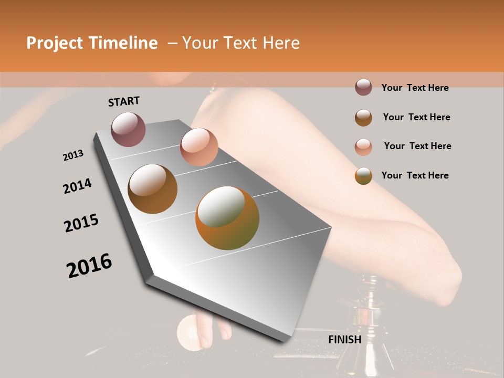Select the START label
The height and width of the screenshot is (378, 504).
[x=124, y=101]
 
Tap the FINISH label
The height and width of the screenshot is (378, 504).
[x=345, y=340]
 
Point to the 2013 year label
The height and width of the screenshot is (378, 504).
[x=73, y=155]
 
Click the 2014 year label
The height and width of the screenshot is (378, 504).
[x=77, y=186]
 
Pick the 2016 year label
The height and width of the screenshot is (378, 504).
[x=89, y=266]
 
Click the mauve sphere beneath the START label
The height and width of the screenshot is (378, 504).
[x=128, y=129]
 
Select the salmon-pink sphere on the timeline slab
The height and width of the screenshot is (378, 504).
[x=199, y=147]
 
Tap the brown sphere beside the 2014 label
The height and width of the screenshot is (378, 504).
[x=153, y=189]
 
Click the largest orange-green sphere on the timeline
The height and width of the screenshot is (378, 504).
[x=227, y=218]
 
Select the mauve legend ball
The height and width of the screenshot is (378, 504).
[x=363, y=87]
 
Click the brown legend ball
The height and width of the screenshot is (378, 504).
[x=363, y=118]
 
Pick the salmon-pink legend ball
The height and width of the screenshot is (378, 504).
[x=363, y=147]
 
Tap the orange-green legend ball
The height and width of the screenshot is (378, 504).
[x=363, y=176]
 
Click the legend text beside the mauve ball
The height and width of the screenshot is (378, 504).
[x=415, y=88]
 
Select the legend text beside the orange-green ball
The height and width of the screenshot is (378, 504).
[x=415, y=175]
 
